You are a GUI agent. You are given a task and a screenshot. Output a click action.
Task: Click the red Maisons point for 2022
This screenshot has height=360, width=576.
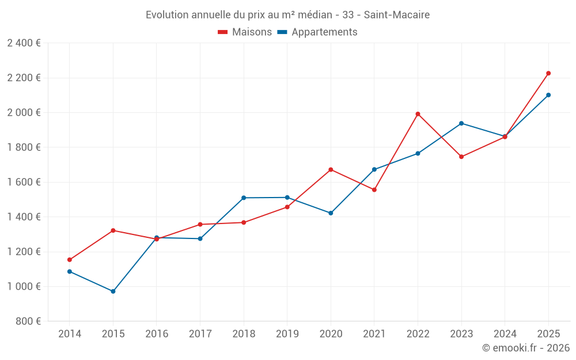click(418, 114)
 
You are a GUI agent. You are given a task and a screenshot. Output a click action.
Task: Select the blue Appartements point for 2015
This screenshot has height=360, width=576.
click(113, 291)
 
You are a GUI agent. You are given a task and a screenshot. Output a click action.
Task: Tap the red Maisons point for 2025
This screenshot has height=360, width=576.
click(548, 73)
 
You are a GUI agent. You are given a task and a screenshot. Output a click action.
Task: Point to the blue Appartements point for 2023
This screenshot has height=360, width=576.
click(461, 123)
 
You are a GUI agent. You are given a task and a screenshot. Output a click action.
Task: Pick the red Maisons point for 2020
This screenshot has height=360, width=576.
click(331, 169)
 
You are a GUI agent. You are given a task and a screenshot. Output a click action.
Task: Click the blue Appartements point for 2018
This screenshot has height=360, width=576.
click(244, 198)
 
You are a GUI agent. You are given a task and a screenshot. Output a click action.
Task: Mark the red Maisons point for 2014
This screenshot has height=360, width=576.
click(70, 260)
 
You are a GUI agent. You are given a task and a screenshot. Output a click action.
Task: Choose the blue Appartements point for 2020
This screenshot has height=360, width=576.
click(331, 213)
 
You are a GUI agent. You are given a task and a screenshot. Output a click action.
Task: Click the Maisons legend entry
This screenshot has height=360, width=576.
click(245, 32)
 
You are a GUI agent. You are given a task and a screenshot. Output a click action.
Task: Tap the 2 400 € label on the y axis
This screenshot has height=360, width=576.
click(24, 43)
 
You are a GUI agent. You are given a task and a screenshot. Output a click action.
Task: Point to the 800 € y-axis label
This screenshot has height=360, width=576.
click(28, 321)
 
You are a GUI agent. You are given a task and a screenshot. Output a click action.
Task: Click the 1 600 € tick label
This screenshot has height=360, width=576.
click(24, 182)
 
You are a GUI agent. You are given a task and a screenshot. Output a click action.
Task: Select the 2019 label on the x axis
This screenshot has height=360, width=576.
click(287, 334)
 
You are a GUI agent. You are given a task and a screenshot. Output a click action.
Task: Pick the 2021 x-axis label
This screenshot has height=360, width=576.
click(374, 334)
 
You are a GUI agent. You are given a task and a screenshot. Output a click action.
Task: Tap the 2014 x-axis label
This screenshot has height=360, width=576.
click(70, 334)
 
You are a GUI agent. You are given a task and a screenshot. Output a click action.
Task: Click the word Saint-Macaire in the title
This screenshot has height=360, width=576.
click(396, 15)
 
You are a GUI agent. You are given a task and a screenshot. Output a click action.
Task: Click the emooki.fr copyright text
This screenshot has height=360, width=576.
click(525, 348)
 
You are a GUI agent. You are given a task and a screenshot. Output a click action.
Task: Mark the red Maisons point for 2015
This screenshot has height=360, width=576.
click(113, 230)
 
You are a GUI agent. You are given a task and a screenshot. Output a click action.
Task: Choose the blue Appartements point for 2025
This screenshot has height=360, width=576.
click(548, 95)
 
